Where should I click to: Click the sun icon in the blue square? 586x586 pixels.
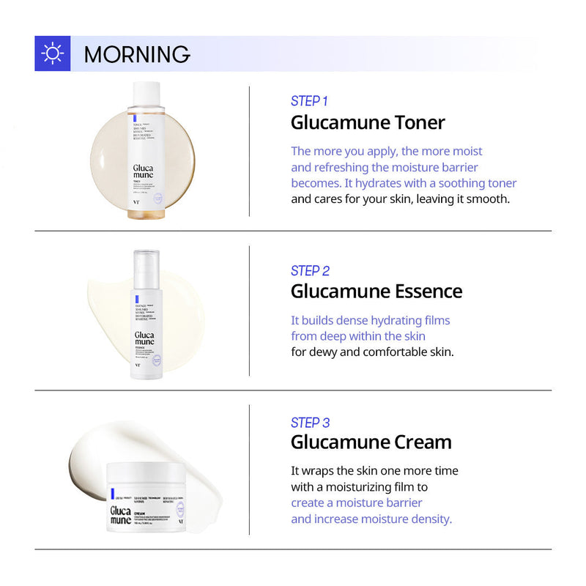[52, 53]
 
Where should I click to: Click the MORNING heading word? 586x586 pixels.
[137, 54]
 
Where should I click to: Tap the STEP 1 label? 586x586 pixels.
[309, 101]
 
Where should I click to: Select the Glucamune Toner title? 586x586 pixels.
[368, 122]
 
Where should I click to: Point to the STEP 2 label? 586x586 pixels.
[310, 271]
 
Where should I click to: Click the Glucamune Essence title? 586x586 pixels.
[377, 291]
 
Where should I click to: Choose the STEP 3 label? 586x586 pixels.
[310, 423]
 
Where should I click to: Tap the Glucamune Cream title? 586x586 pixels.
[371, 442]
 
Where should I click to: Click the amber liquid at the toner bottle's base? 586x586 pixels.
[145, 213]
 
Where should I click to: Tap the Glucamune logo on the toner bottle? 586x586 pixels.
[143, 175]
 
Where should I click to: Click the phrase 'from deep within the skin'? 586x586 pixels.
[358, 336]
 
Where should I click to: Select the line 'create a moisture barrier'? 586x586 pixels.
[357, 503]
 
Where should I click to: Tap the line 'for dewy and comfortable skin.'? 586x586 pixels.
[372, 352]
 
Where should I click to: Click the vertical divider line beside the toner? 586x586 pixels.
[250, 151]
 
